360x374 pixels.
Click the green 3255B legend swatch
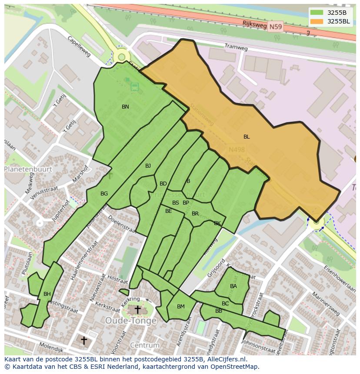click(317, 13)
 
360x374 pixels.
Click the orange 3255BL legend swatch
click(317, 21)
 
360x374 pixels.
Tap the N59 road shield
click(275, 27)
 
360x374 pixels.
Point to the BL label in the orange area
click(247, 137)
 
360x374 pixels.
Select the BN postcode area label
click(125, 107)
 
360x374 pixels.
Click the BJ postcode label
click(148, 166)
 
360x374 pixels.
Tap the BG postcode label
click(104, 194)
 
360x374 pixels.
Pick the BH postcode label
click(47, 294)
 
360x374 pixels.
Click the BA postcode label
click(233, 286)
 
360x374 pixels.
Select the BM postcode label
click(181, 307)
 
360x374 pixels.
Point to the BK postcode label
click(217, 223)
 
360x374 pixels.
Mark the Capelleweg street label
click(79, 46)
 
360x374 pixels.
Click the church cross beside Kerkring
click(137, 310)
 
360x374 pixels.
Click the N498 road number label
click(237, 149)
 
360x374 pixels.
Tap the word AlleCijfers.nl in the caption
click(226, 360)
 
